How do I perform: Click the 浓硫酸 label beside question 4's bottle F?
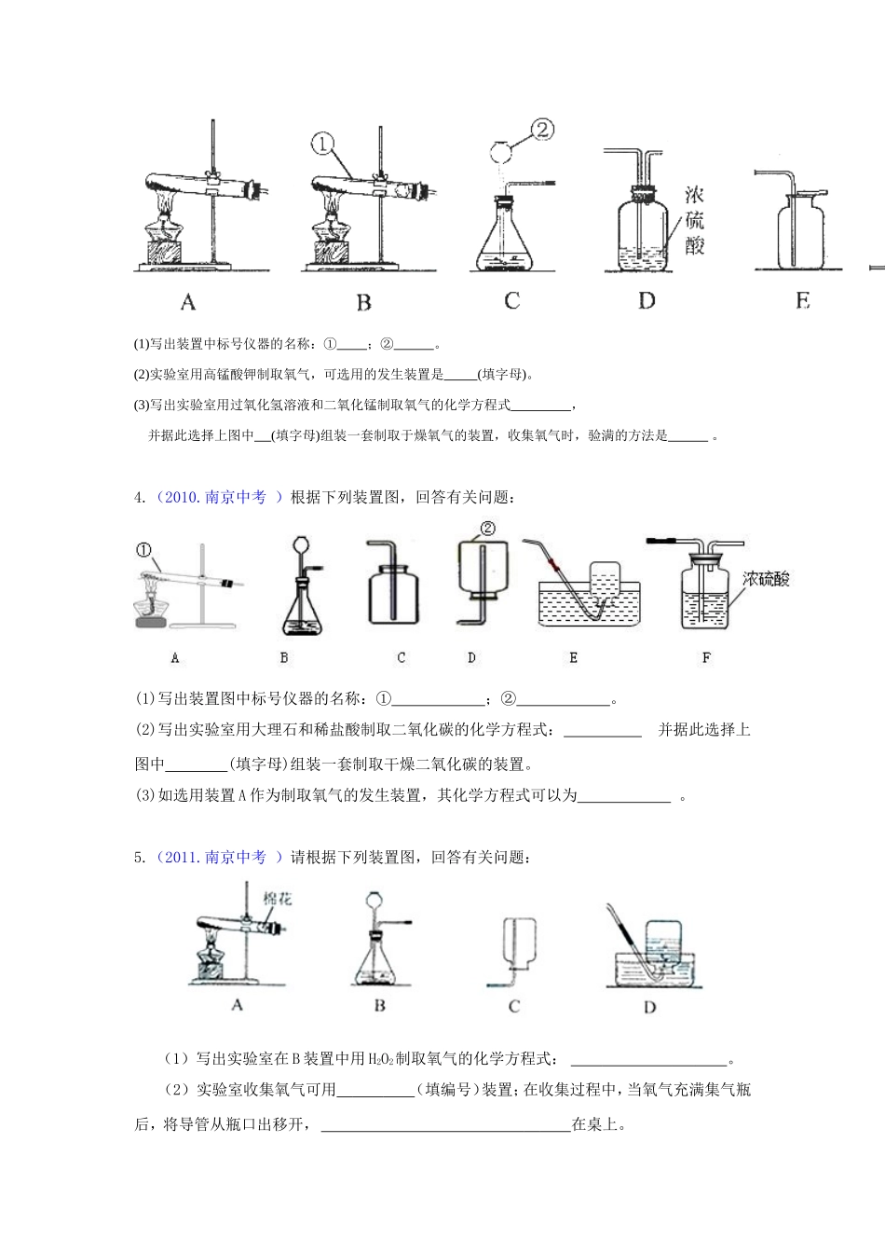click(x=766, y=579)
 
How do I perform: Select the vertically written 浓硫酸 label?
click(x=694, y=220)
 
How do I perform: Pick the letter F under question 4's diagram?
click(x=706, y=657)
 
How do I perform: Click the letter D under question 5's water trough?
click(x=649, y=1006)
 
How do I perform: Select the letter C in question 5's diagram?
click(x=513, y=1006)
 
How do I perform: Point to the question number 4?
click(x=139, y=498)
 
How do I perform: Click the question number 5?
click(x=139, y=857)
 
